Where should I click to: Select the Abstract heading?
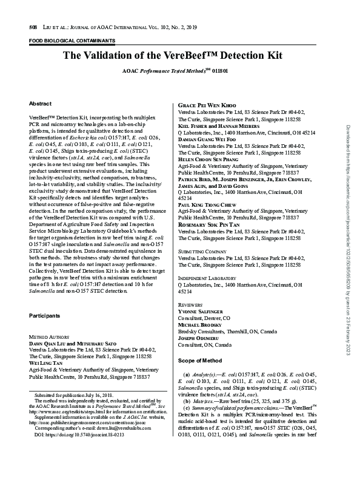[40, 104]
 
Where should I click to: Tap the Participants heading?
[45, 316]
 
